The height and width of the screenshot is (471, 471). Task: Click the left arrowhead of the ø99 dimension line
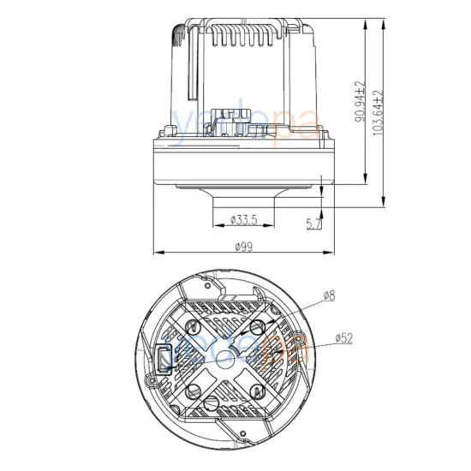click(155, 253)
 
